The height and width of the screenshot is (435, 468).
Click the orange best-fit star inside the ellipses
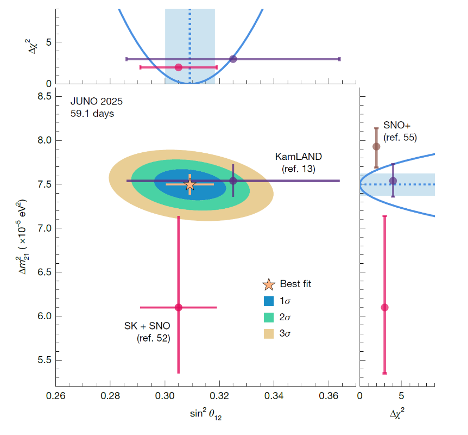click(190, 184)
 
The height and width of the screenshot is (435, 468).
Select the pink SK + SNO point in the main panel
click(179, 307)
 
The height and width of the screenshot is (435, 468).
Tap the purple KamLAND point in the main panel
click(233, 181)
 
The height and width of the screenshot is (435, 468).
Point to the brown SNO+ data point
click(376, 146)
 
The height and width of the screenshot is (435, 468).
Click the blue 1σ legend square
click(269, 301)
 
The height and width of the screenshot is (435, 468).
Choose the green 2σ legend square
click(269, 317)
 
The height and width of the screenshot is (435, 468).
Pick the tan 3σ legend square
click(269, 334)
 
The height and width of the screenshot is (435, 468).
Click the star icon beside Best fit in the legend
click(269, 284)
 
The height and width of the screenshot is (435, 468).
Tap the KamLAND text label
click(299, 157)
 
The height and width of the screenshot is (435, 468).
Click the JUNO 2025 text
click(97, 101)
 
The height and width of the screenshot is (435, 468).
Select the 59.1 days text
click(92, 114)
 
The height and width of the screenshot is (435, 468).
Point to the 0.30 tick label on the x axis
click(165, 396)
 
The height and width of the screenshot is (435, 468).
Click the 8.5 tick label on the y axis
click(45, 96)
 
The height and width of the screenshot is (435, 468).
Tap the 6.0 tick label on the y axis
click(45, 316)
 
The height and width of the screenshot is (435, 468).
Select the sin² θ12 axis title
click(206, 414)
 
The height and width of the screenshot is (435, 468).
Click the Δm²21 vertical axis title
click(22, 237)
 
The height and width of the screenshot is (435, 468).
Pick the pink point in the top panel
click(179, 67)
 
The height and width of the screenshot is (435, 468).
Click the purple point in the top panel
click(233, 59)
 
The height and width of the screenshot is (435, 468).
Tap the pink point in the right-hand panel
click(385, 307)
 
